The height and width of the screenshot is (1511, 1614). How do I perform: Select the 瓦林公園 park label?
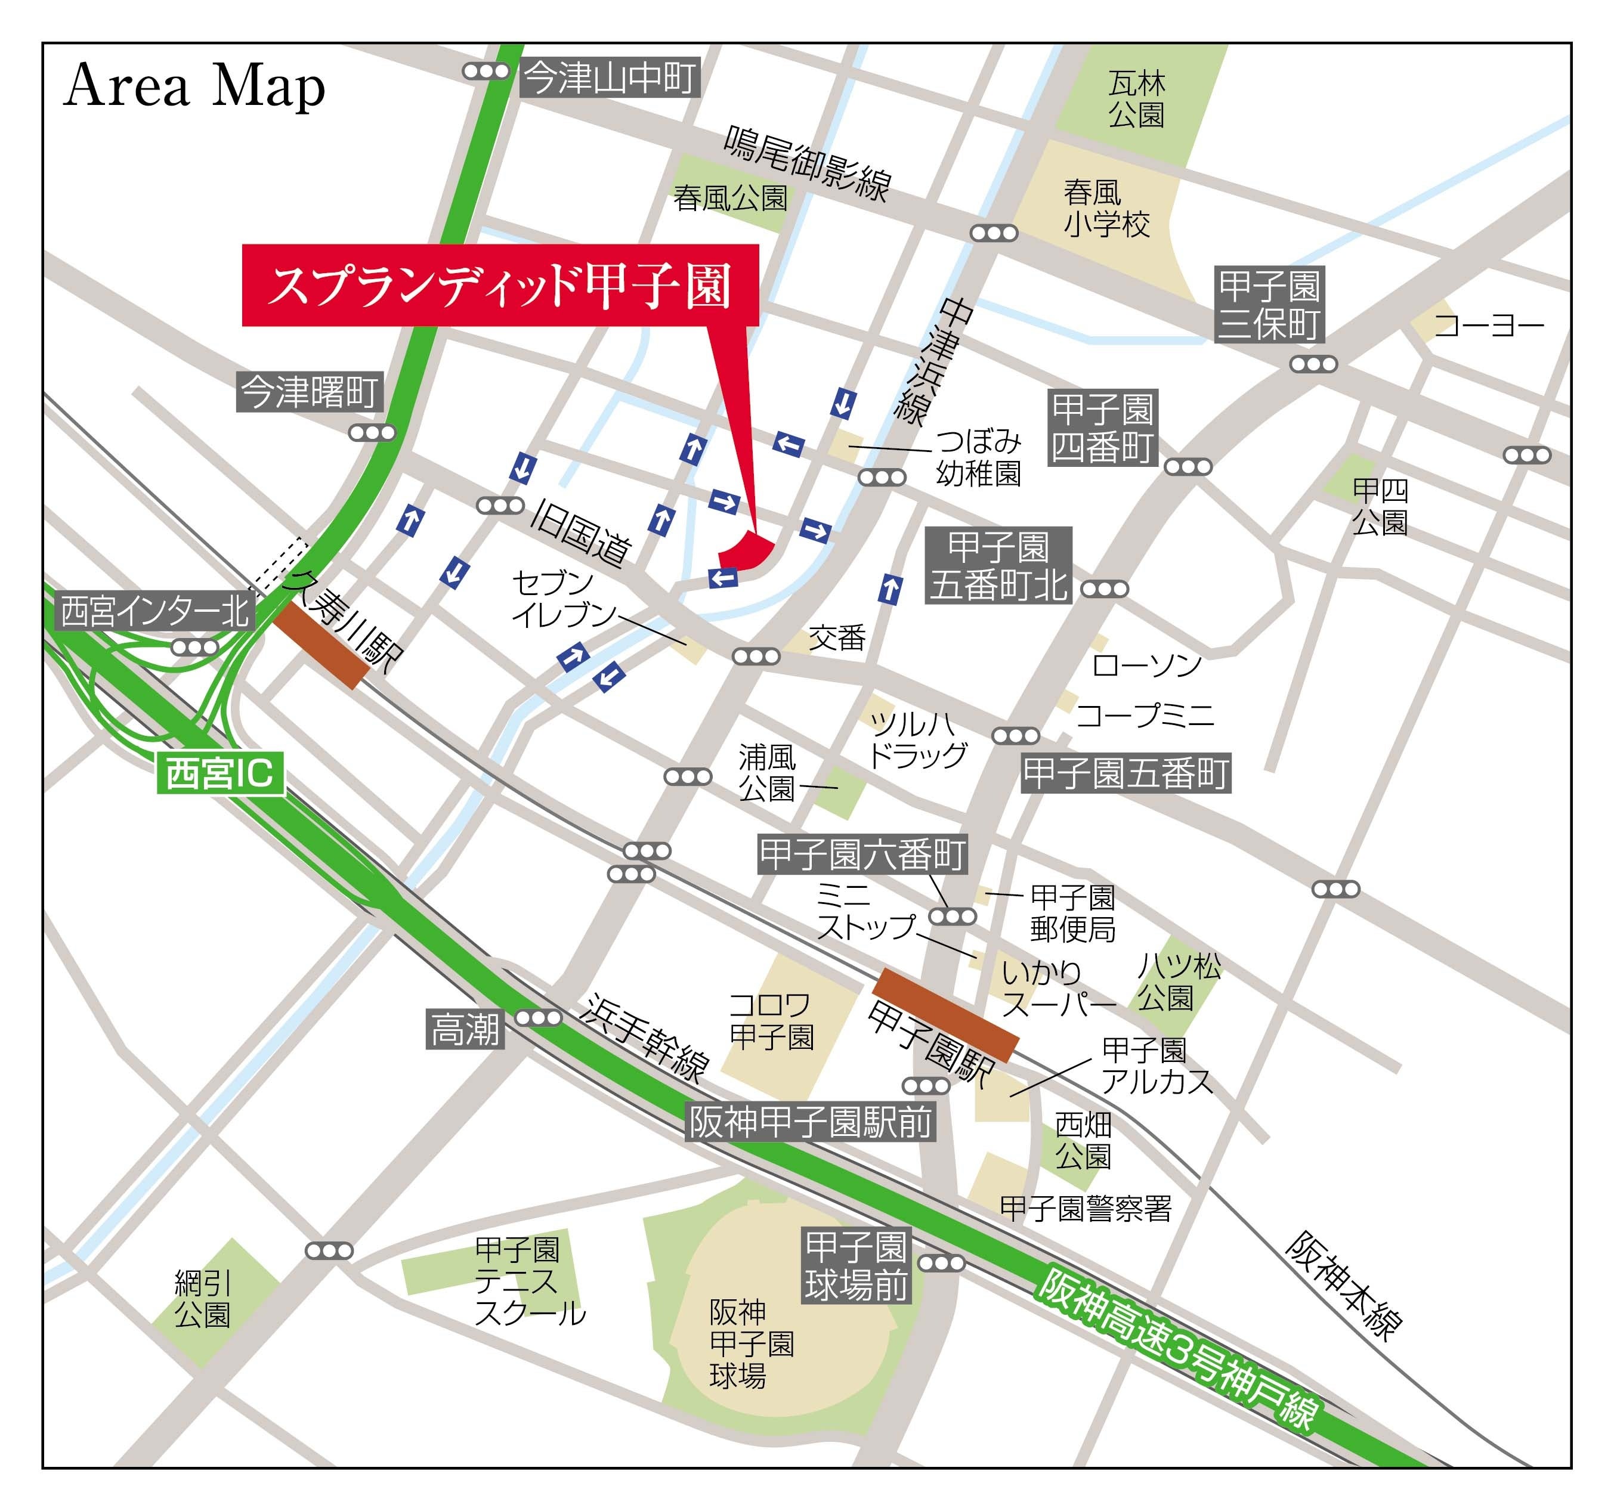[1137, 99]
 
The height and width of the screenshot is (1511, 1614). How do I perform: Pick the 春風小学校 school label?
[1106, 209]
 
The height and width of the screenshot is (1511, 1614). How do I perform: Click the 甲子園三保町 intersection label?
[1270, 304]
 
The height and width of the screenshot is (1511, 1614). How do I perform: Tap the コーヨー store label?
[1489, 326]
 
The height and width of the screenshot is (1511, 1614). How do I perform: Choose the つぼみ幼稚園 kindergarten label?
[978, 458]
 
